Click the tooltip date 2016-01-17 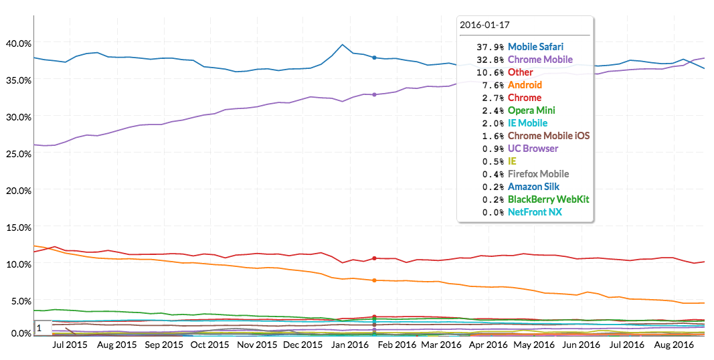[x=485, y=25]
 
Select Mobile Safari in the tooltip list [x=535, y=47]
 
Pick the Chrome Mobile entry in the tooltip [x=540, y=60]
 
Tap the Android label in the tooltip [x=525, y=85]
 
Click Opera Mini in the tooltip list [x=531, y=110]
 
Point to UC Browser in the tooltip [x=533, y=149]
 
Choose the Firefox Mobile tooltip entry [x=538, y=174]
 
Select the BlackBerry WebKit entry [x=548, y=199]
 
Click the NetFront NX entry [x=535, y=212]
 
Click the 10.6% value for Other [x=491, y=72]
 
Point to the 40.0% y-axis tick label [x=18, y=43]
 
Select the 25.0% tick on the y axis [x=18, y=154]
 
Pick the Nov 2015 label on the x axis [x=257, y=345]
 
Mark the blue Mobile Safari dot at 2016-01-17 [x=374, y=58]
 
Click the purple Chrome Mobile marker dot [x=374, y=94]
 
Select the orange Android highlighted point [x=374, y=280]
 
